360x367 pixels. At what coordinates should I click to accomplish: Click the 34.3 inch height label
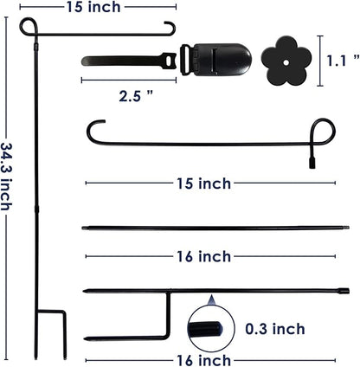[6, 177]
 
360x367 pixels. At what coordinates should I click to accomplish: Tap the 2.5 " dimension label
[136, 96]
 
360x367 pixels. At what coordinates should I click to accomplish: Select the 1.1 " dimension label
[343, 61]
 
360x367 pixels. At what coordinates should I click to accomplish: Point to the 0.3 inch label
[275, 329]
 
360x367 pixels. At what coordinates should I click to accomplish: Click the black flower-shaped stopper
[286, 61]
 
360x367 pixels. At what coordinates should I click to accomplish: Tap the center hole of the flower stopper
[286, 62]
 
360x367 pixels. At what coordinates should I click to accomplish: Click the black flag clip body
[222, 60]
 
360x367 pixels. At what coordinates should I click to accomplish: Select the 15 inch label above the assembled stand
[93, 7]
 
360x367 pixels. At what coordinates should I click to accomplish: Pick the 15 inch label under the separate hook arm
[203, 183]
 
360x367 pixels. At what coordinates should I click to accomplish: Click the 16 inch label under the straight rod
[203, 256]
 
